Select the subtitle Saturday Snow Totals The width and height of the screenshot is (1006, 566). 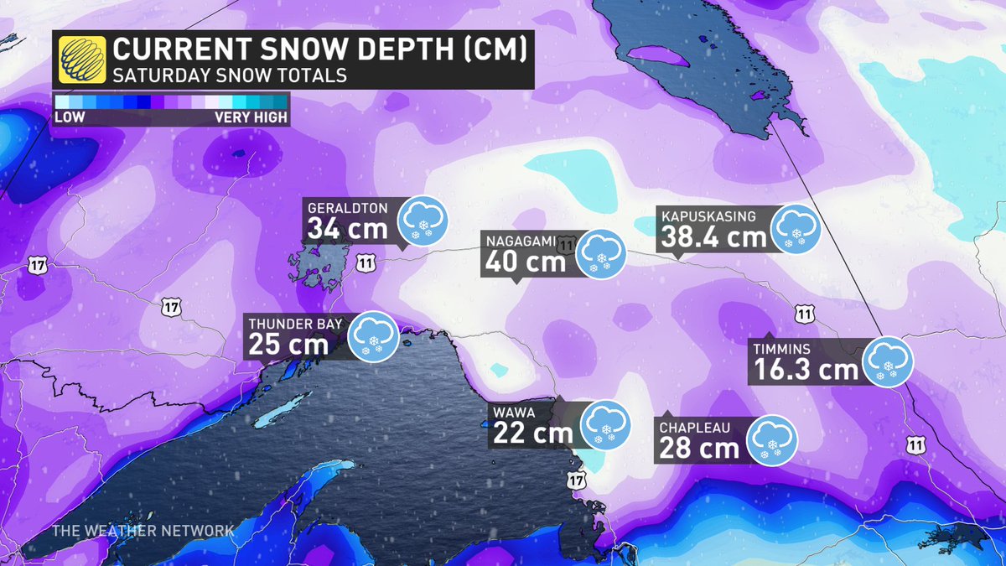tap(231, 75)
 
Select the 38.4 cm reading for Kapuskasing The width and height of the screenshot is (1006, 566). tap(713, 237)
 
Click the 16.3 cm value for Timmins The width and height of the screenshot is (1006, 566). tap(806, 369)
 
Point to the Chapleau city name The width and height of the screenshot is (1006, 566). tap(695, 428)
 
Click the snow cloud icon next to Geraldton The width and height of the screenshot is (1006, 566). tap(423, 221)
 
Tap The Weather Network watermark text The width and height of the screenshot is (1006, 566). tap(143, 531)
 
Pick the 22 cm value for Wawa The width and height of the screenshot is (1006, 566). tap(532, 433)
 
